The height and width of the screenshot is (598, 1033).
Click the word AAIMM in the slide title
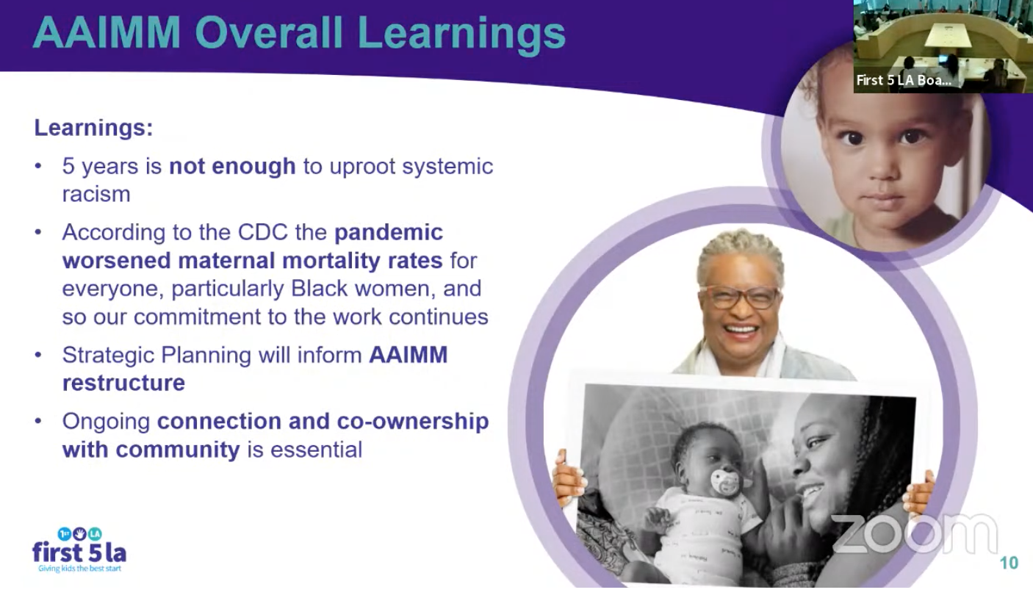107,33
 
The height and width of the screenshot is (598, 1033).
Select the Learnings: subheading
93,128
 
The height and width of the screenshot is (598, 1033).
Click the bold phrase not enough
232,166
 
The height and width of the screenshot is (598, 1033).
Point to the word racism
96,194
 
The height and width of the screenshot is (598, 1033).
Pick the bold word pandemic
389,232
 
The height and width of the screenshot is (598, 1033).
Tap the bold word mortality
331,261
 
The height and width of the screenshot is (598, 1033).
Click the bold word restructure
123,383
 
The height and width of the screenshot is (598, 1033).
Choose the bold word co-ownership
413,422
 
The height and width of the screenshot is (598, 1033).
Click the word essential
317,450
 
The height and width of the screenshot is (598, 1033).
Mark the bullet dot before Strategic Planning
38,355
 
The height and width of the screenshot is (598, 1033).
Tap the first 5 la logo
79,550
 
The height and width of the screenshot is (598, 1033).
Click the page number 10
1009,563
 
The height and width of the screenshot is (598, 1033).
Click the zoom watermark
915,534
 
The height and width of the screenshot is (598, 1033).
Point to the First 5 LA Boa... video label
904,80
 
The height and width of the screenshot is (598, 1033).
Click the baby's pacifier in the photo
724,482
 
